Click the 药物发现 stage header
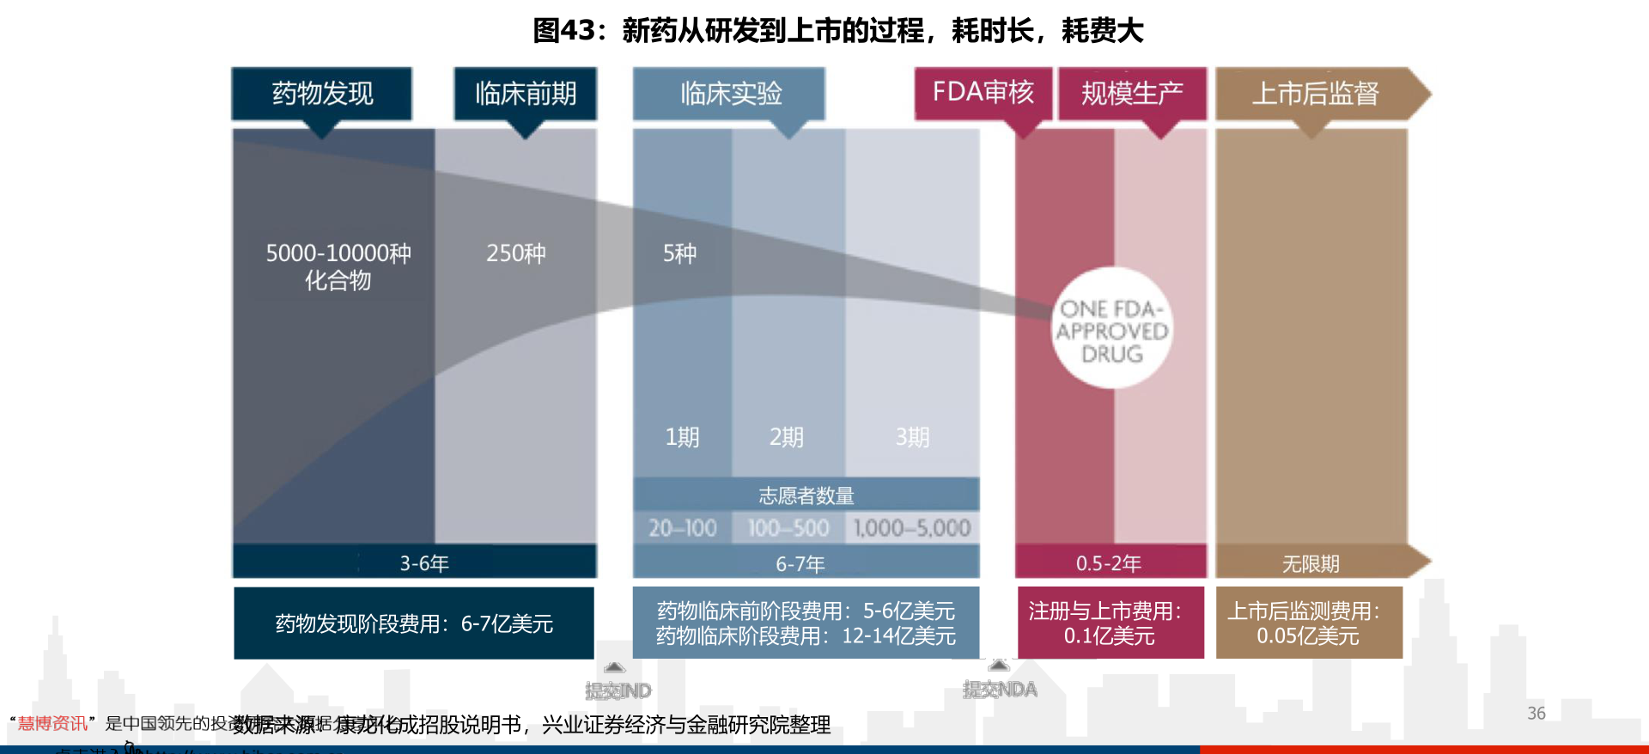point(321,94)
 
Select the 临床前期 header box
point(525,94)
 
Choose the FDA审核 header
point(983,93)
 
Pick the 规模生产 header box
point(1131,94)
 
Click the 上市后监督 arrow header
point(1315,94)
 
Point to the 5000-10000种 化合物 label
point(338,266)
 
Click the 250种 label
point(515,253)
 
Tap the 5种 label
point(679,253)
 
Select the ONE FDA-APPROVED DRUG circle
point(1112,330)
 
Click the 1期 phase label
point(682,437)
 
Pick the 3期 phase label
point(912,437)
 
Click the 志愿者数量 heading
point(806,496)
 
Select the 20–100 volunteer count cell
point(682,527)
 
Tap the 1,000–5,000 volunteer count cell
point(912,527)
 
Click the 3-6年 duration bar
point(423,563)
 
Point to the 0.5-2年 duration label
point(1108,563)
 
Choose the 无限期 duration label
point(1310,563)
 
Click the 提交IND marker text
point(618,690)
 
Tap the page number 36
point(1536,713)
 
